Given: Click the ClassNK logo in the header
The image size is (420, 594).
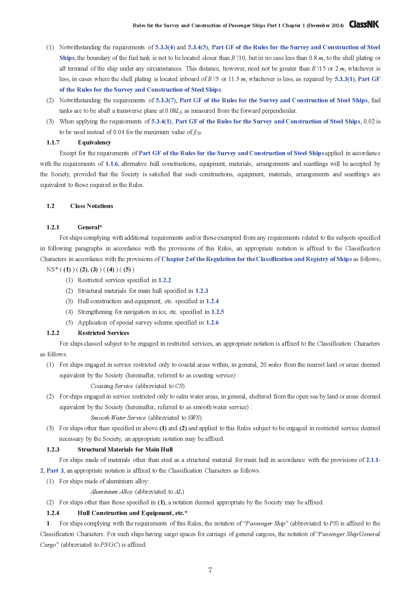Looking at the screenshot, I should (x=364, y=25).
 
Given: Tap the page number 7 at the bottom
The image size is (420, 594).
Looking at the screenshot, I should (x=210, y=570).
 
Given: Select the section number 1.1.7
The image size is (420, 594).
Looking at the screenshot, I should (x=53, y=142).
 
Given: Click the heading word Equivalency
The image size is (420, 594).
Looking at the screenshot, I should (x=94, y=142).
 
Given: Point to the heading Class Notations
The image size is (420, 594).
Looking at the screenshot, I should (x=92, y=206).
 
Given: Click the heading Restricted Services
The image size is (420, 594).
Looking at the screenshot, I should (x=103, y=333).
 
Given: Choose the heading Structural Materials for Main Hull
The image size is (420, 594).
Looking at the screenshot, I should (x=125, y=449).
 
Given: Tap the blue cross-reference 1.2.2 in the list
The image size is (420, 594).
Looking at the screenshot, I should (x=165, y=280).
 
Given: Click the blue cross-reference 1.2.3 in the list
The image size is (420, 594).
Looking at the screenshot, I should (x=201, y=291).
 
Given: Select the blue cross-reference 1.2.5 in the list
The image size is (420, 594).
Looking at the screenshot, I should (x=218, y=312).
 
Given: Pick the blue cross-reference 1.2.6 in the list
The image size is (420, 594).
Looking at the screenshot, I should (x=212, y=323).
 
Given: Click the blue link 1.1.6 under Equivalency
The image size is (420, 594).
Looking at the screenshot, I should (x=112, y=164).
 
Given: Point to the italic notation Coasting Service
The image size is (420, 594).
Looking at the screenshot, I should (x=111, y=386).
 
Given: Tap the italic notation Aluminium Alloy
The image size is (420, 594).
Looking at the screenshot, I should (x=111, y=492).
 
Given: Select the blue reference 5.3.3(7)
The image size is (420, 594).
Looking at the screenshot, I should (x=166, y=100).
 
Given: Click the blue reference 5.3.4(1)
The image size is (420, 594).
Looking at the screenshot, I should (x=161, y=122).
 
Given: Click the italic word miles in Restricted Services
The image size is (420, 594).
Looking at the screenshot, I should (x=275, y=365).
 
